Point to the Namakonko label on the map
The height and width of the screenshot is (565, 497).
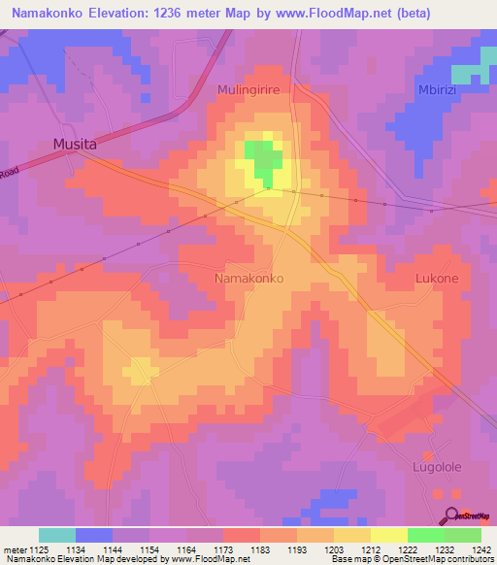pyautogui.click(x=248, y=278)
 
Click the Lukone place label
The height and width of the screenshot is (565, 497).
pyautogui.click(x=437, y=278)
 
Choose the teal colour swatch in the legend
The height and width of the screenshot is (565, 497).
pyautogui.click(x=57, y=535)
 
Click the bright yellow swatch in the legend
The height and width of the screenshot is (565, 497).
pyautogui.click(x=389, y=535)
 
